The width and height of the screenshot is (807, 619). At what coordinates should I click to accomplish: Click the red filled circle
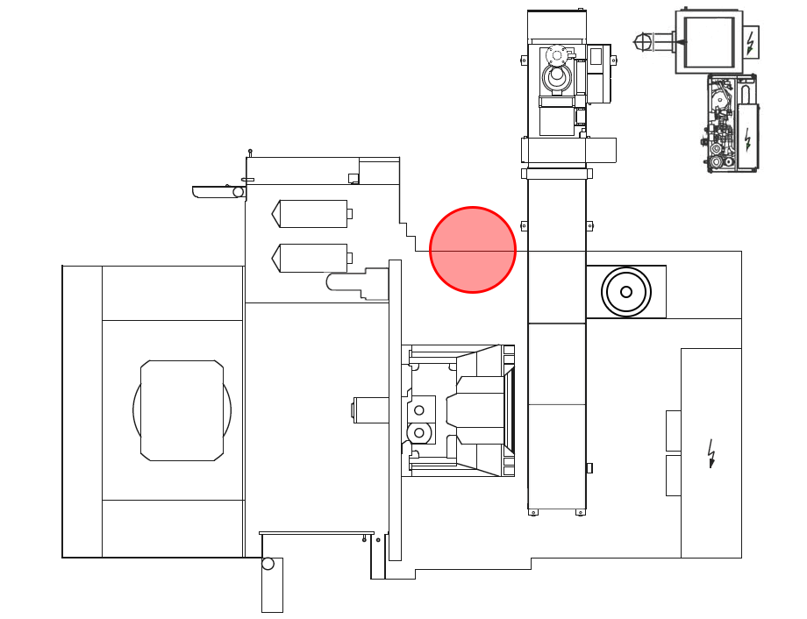473,250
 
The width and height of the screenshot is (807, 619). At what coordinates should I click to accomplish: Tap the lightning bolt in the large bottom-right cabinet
711,453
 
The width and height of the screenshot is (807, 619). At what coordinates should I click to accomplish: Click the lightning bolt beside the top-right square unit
750,41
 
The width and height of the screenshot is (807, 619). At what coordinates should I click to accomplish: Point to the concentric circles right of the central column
626,291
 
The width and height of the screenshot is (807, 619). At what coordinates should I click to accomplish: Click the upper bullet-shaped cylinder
312,214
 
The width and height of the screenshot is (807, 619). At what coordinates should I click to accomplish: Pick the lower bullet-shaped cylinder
312,258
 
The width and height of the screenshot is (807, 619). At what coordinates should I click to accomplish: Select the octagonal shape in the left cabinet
182,410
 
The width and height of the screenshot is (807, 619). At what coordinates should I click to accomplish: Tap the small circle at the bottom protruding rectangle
268,564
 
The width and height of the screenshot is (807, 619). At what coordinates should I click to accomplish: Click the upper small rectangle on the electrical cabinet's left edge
674,430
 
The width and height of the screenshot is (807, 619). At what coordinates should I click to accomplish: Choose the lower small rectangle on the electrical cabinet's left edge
674,475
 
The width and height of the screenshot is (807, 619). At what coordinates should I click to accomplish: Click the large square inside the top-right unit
709,41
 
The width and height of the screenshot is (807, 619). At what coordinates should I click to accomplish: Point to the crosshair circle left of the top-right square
644,41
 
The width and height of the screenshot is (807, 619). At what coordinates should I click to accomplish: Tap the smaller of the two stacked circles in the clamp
419,410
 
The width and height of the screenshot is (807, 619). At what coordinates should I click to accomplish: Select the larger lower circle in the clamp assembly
419,432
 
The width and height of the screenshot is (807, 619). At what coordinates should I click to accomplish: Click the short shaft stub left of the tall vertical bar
369,409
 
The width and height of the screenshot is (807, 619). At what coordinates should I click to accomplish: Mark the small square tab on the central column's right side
589,467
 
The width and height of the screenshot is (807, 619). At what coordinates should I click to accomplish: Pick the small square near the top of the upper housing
354,178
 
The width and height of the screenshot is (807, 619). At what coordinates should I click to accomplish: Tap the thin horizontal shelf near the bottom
317,533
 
